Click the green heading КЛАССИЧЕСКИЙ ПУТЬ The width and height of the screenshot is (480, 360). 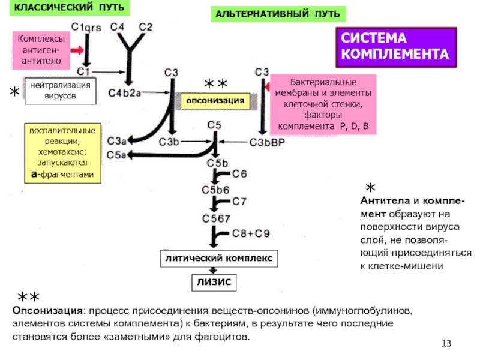click(x=70, y=8)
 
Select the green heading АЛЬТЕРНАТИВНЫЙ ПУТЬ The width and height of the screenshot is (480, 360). click(x=278, y=13)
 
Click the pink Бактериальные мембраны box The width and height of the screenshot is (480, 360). click(x=323, y=105)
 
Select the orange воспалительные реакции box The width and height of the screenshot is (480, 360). click(x=62, y=153)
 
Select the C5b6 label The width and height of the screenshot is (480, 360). click(x=214, y=190)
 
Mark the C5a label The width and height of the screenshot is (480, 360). click(x=116, y=155)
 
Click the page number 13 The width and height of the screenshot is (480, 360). click(x=445, y=343)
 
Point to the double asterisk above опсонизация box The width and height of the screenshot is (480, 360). click(x=215, y=83)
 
